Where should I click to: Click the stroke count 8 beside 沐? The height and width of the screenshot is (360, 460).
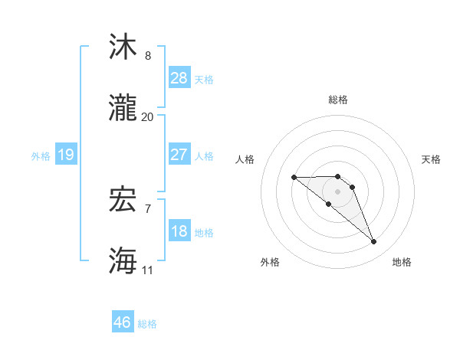pyautogui.click(x=148, y=56)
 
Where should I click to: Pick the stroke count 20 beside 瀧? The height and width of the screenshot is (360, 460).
pyautogui.click(x=148, y=116)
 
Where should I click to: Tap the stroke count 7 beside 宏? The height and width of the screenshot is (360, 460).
pyautogui.click(x=148, y=208)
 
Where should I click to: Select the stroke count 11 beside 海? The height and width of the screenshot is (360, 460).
pyautogui.click(x=148, y=269)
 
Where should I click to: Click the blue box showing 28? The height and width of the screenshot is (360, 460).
pyautogui.click(x=179, y=78)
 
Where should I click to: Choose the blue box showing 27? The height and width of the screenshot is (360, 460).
pyautogui.click(x=179, y=155)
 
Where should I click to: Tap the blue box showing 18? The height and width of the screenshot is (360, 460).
pyautogui.click(x=179, y=231)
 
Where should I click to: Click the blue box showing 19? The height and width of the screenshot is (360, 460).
pyautogui.click(x=66, y=155)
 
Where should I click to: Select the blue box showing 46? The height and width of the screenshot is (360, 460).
pyautogui.click(x=123, y=322)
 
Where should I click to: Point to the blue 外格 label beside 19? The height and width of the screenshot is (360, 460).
pyautogui.click(x=41, y=155)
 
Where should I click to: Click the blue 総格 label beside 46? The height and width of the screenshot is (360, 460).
pyautogui.click(x=147, y=323)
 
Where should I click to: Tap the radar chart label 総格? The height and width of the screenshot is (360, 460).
pyautogui.click(x=338, y=100)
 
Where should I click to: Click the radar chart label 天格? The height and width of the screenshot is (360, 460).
pyautogui.click(x=432, y=159)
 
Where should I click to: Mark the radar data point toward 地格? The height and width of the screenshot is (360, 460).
pyautogui.click(x=374, y=242)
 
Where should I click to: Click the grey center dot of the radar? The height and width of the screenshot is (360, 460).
pyautogui.click(x=338, y=191)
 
